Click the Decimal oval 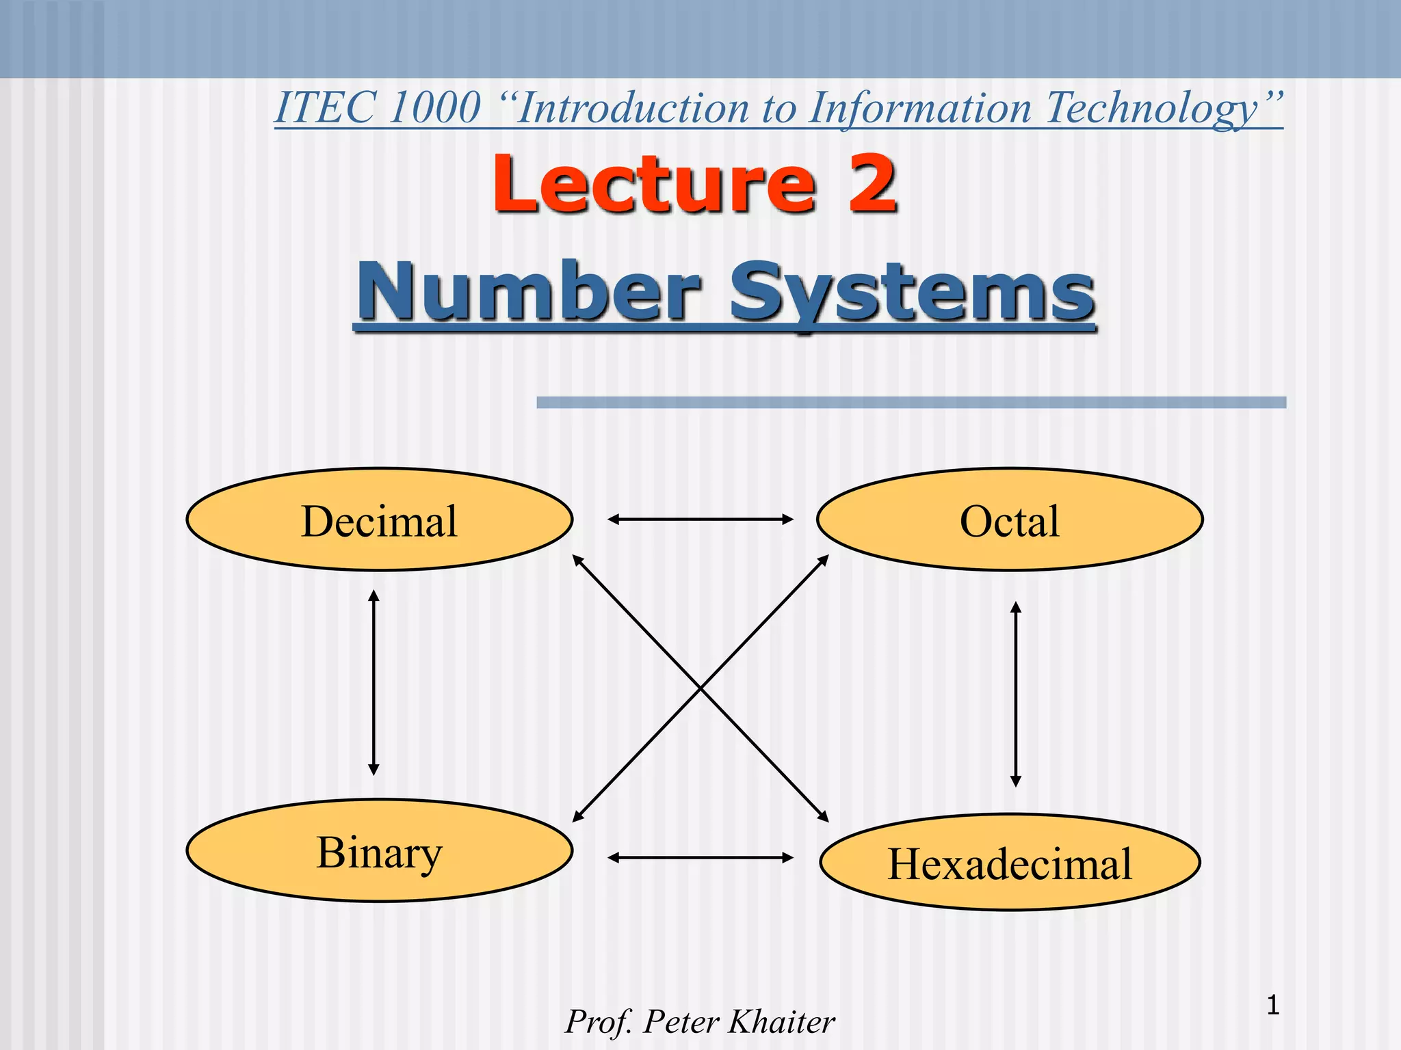click(380, 520)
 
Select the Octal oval click(1010, 520)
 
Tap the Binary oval click(380, 851)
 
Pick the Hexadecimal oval click(1010, 863)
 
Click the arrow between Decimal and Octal click(700, 520)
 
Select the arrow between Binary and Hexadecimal click(700, 857)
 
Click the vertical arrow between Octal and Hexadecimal click(1016, 694)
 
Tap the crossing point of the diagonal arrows click(700, 688)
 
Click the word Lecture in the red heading click(654, 185)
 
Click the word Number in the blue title click(530, 293)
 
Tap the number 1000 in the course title click(435, 108)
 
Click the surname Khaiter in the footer click(781, 1022)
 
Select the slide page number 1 click(1272, 1006)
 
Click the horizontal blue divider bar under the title click(911, 403)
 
